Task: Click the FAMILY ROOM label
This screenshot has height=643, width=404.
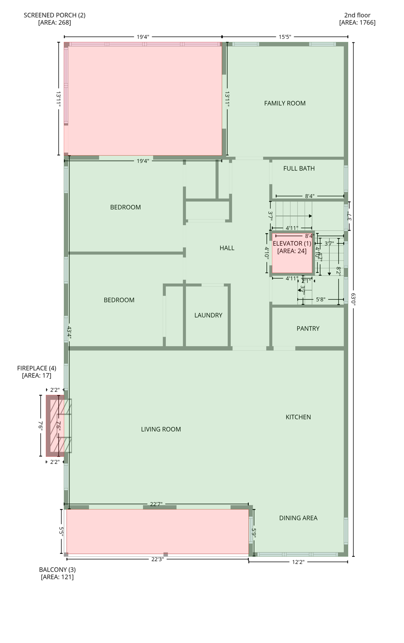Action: click(x=285, y=103)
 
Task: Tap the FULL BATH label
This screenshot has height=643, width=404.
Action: click(x=299, y=169)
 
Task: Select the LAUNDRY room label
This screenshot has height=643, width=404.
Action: click(x=208, y=315)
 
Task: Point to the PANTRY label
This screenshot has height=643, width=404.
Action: click(x=308, y=329)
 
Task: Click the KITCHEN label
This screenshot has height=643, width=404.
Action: click(x=298, y=417)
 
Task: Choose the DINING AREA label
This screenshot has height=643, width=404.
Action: click(x=298, y=518)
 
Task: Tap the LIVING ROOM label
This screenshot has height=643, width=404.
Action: click(x=161, y=429)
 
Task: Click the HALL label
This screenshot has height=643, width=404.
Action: click(x=227, y=248)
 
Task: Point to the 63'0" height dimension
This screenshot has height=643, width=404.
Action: click(x=354, y=299)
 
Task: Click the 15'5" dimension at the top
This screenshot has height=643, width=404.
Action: click(x=285, y=37)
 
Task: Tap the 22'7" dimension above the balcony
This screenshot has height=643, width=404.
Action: click(x=156, y=504)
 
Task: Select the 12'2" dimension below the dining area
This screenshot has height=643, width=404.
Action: click(x=298, y=562)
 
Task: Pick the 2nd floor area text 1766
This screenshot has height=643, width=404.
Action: click(x=357, y=23)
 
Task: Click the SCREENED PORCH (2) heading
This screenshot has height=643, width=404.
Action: click(x=54, y=15)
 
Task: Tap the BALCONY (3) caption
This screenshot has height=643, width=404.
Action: click(x=57, y=570)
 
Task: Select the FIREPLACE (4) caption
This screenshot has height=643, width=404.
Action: click(x=36, y=368)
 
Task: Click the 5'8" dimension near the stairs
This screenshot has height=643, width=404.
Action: click(x=320, y=299)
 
